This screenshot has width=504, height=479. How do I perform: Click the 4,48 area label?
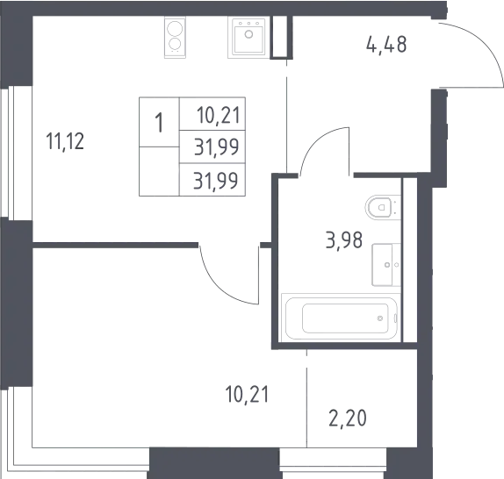coord(386,45)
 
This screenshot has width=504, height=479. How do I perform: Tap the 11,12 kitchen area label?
coord(65,141)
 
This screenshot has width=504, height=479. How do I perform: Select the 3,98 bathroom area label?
coord(344,239)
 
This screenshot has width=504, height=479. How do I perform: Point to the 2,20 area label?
coord(348,418)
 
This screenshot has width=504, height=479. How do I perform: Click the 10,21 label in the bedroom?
coord(247,394)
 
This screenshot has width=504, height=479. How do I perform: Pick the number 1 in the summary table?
coord(159,123)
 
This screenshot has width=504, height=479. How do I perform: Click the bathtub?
coord(341,318)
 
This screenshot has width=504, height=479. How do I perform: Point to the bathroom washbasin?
coord(386,265)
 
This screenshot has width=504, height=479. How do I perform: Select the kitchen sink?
coord(247,37)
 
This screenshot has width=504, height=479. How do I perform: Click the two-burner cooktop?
coord(175,37)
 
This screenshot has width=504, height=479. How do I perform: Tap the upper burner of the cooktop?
coord(175,29)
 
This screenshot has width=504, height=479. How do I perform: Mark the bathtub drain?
coord(380,318)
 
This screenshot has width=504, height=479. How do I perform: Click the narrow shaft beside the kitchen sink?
coord(279,37)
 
